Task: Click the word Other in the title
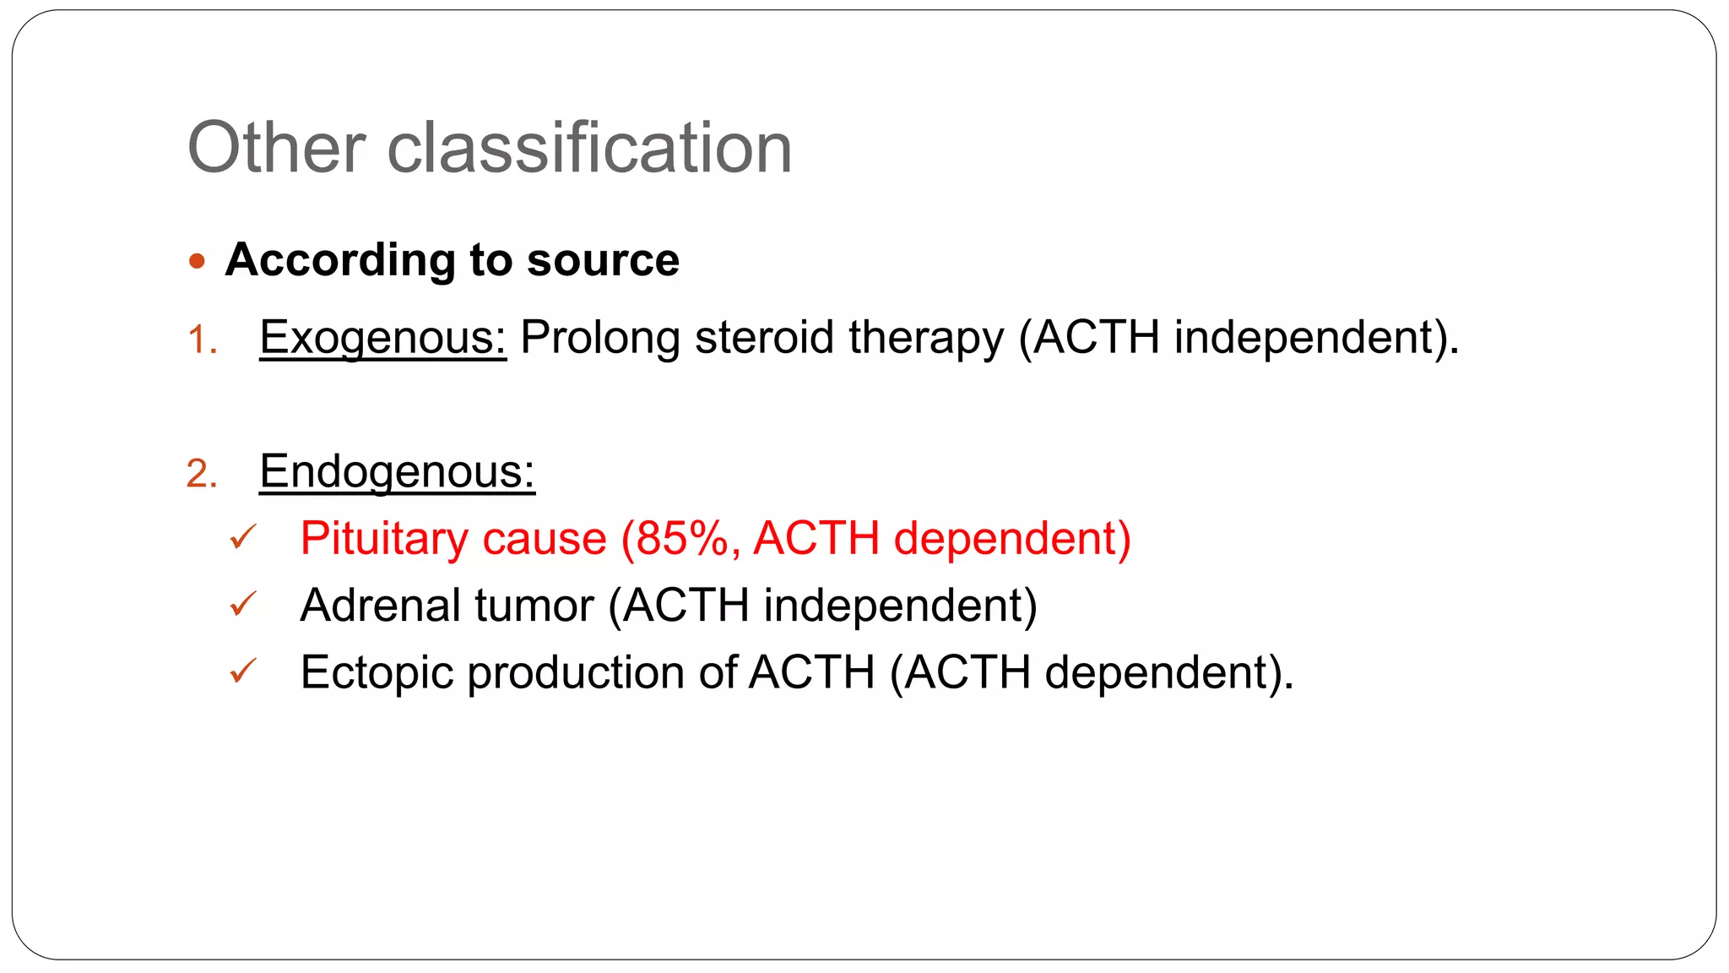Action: click(276, 148)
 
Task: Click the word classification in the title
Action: click(589, 148)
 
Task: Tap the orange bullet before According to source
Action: click(197, 261)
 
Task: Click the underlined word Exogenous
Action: click(382, 338)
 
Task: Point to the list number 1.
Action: click(201, 340)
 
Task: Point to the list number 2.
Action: click(201, 473)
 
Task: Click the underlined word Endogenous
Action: click(397, 471)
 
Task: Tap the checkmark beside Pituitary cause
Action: click(242, 537)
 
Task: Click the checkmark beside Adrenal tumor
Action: click(242, 604)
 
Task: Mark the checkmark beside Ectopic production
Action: click(242, 671)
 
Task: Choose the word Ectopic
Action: click(377, 673)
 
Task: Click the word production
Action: click(576, 673)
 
